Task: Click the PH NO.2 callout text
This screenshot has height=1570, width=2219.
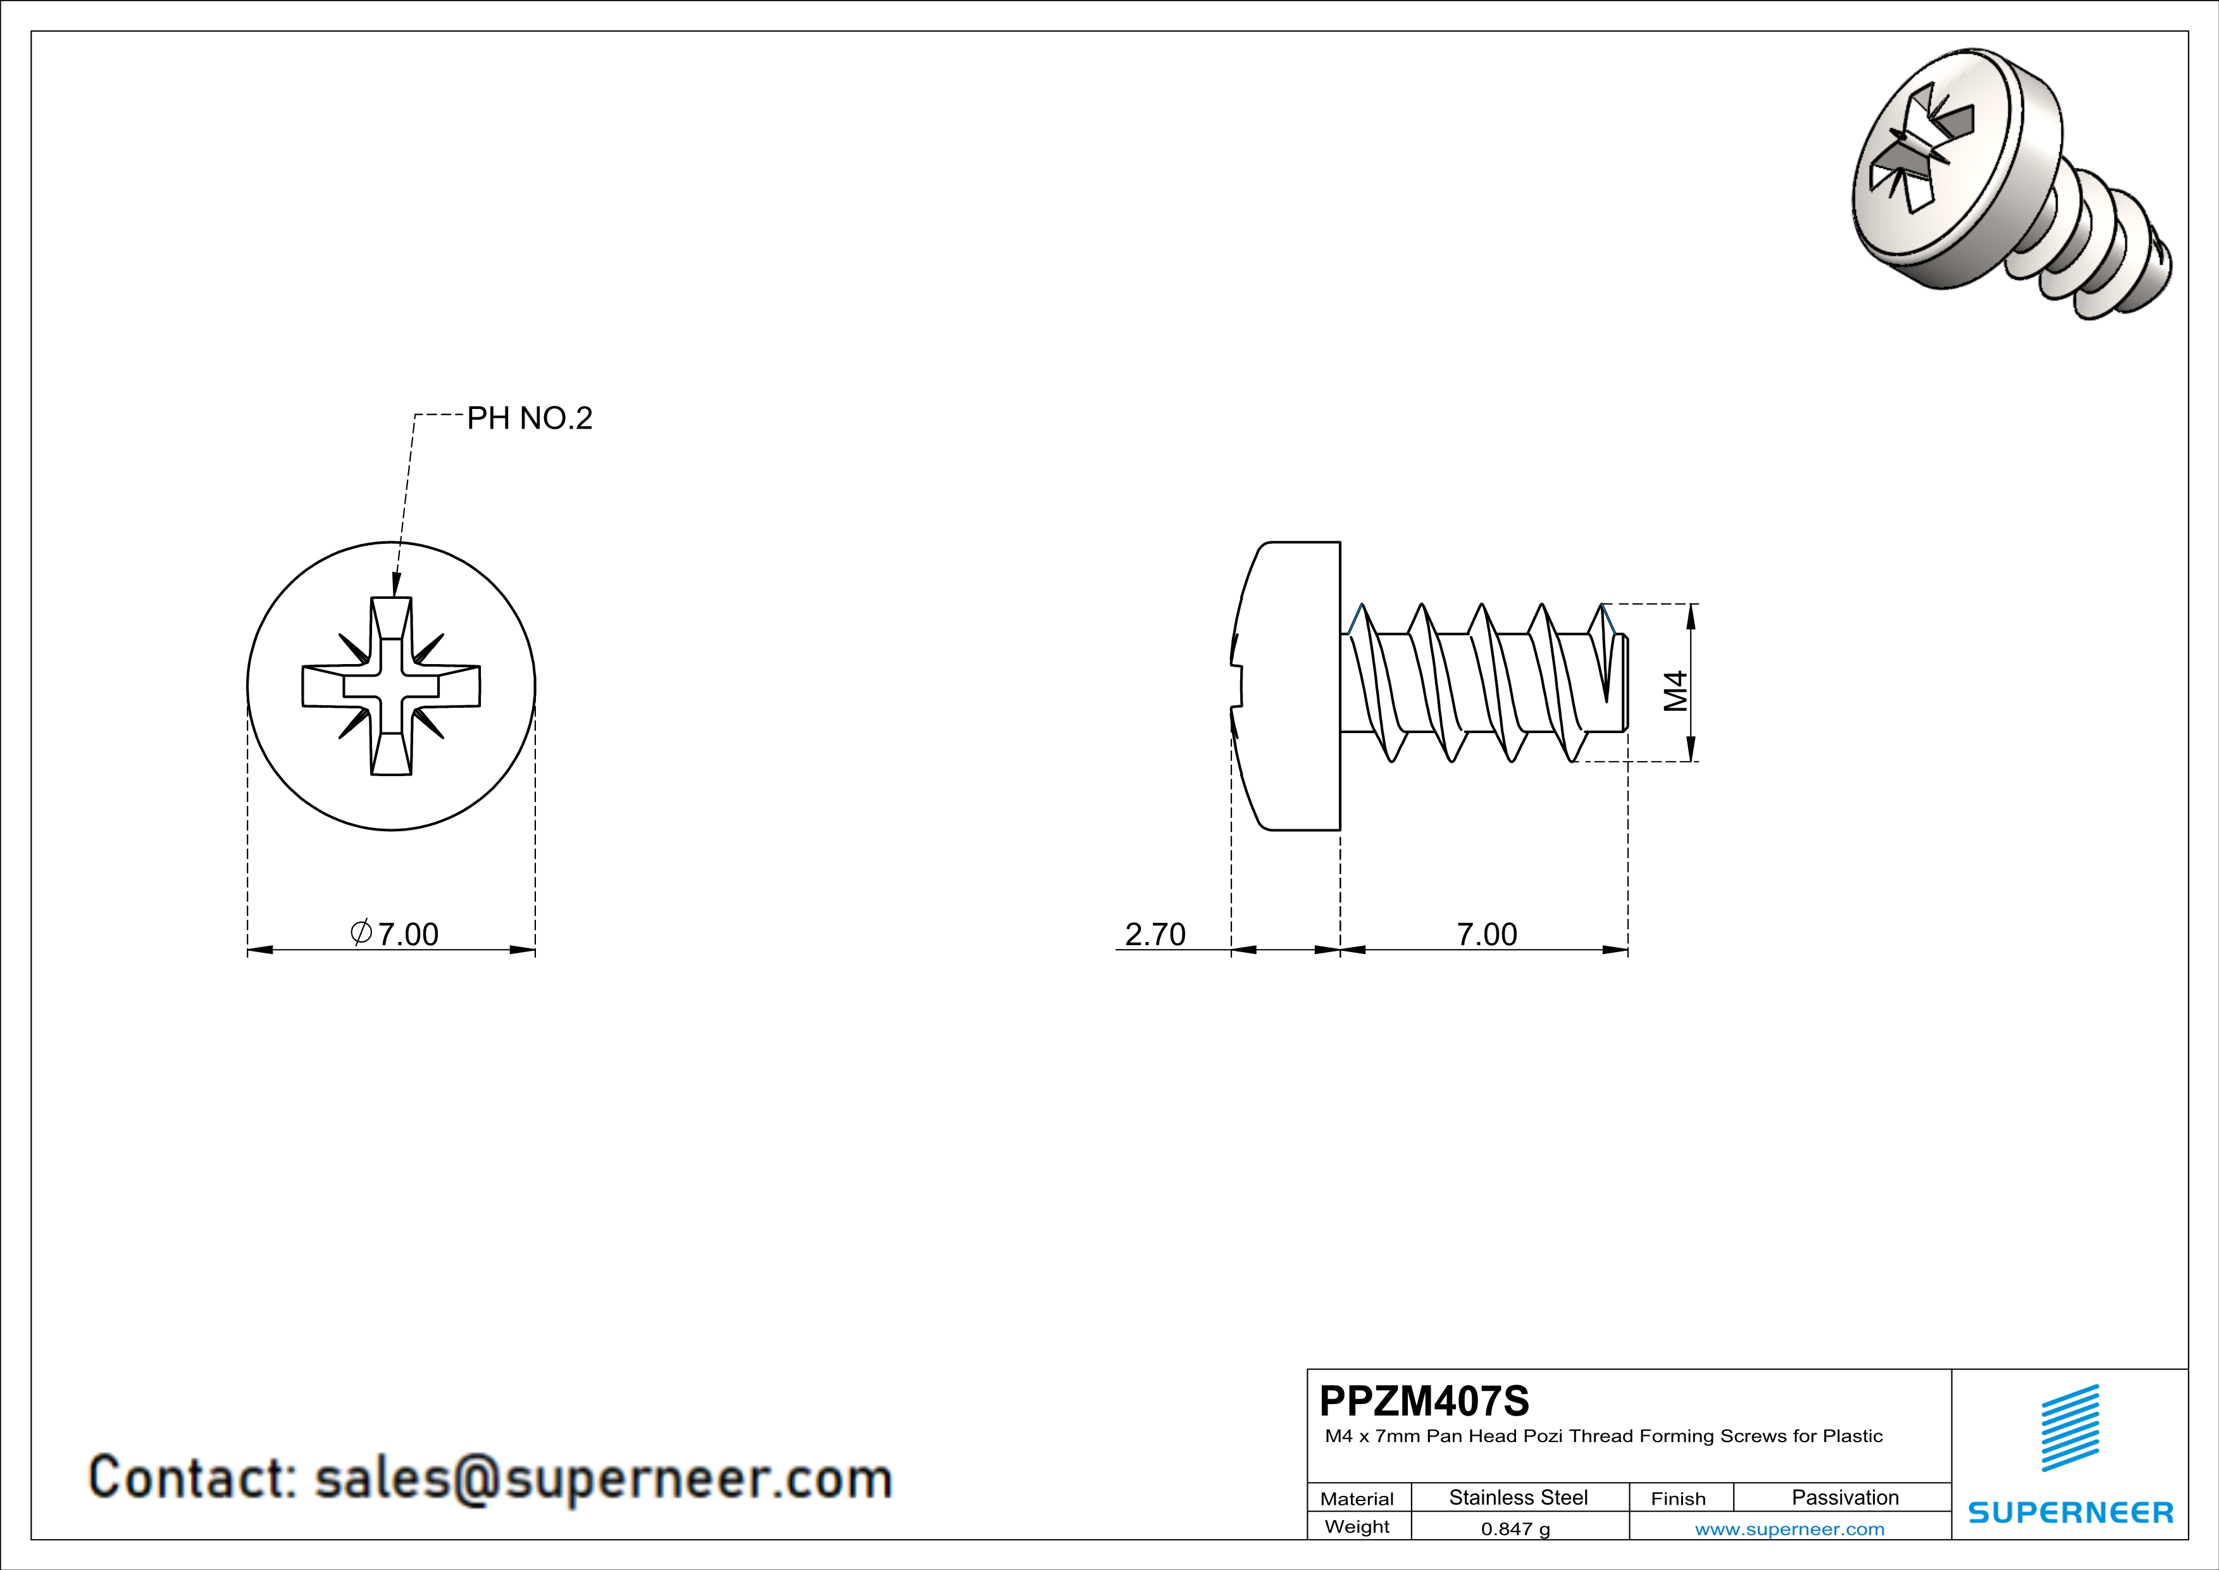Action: coord(529,418)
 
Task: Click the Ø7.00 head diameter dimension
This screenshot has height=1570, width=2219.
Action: coord(394,934)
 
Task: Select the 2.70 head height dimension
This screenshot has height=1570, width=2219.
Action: coord(1155,934)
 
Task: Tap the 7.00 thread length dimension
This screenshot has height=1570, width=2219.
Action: coord(1486,934)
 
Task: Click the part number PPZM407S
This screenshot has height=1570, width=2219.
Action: coord(1424,1401)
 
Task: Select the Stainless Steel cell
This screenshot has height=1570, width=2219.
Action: coord(1519,1497)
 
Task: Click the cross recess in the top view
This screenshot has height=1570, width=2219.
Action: coord(392,686)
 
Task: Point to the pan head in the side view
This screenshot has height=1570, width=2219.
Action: coord(1290,686)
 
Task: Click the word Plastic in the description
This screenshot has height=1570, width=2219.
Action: coord(1852,1436)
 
